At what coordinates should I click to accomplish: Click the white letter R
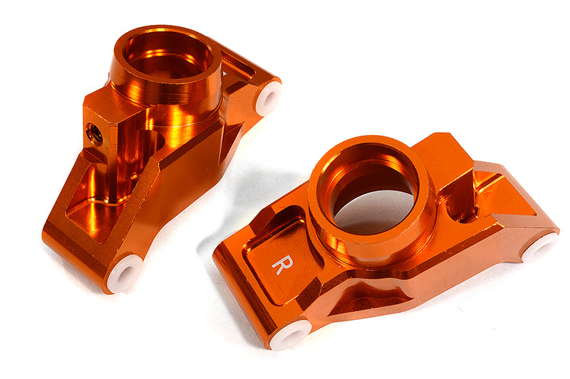pyautogui.click(x=281, y=262)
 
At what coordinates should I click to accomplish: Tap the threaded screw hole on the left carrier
pyautogui.click(x=93, y=132)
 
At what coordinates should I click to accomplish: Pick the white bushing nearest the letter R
pyautogui.click(x=291, y=333)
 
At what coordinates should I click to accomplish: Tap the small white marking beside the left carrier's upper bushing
pyautogui.click(x=226, y=71)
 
